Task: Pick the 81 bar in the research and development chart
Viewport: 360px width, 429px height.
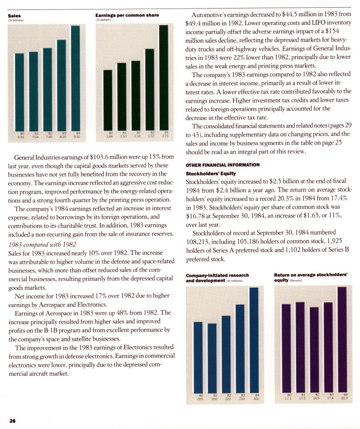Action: (x=212, y=357)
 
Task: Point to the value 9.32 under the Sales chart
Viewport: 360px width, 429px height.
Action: (x=77, y=136)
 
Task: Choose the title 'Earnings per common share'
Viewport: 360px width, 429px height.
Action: (x=127, y=16)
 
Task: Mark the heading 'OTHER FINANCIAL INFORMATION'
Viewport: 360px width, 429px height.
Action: (x=223, y=165)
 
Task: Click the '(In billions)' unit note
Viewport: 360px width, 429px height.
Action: (x=16, y=20)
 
